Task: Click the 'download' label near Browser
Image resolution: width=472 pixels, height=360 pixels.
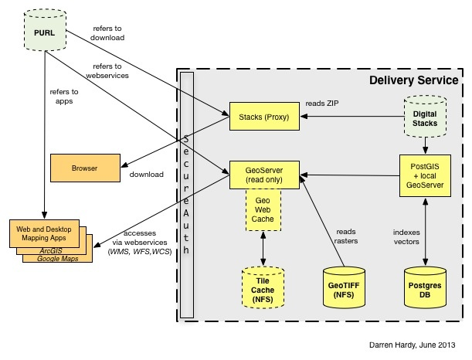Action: coord(147,175)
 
